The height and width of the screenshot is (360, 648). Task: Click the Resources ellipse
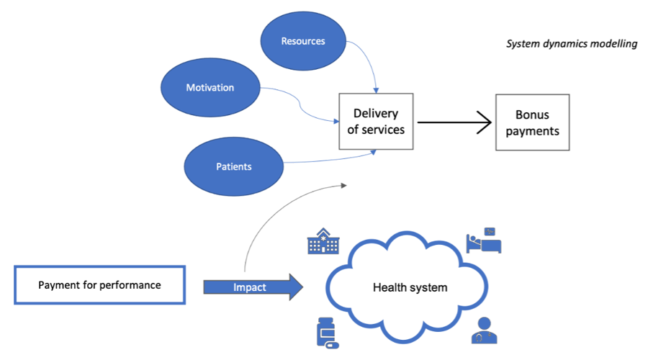point(303,41)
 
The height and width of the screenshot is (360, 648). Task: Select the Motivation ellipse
point(210,88)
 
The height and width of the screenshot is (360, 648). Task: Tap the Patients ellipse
point(234,166)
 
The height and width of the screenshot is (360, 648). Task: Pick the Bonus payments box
point(532,122)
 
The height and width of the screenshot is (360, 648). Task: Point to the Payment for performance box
point(99,285)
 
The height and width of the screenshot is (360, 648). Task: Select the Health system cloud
point(410,287)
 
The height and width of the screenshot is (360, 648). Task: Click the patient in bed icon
point(483,240)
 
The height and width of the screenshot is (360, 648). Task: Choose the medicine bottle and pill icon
point(327,333)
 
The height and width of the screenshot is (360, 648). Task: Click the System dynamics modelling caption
point(572,44)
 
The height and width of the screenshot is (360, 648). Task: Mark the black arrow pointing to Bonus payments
point(454,122)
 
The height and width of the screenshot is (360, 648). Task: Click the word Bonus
point(532,114)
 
